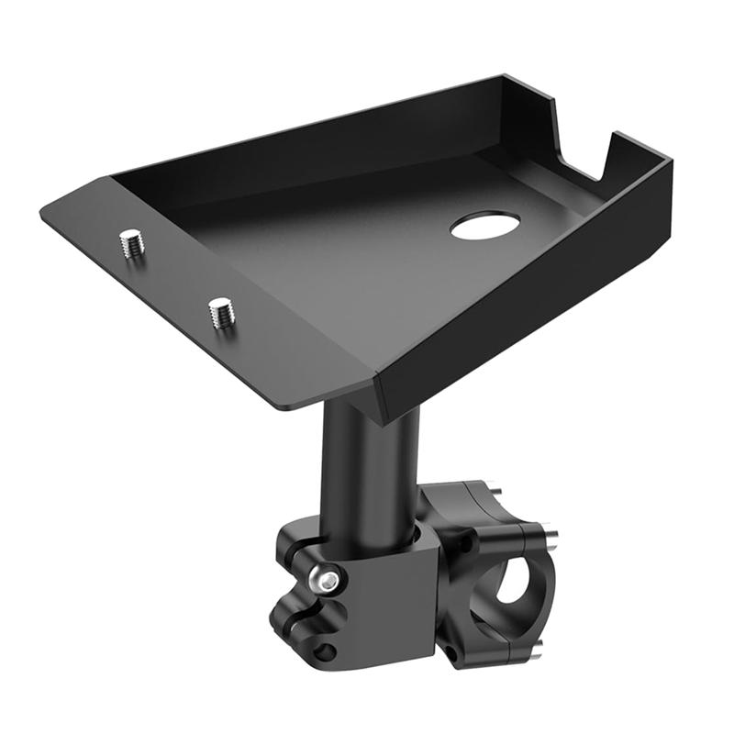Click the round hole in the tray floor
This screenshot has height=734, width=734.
(x=485, y=225)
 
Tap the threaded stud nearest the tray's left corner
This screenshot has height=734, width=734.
(x=132, y=244)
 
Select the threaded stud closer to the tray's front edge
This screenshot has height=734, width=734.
(x=221, y=312)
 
